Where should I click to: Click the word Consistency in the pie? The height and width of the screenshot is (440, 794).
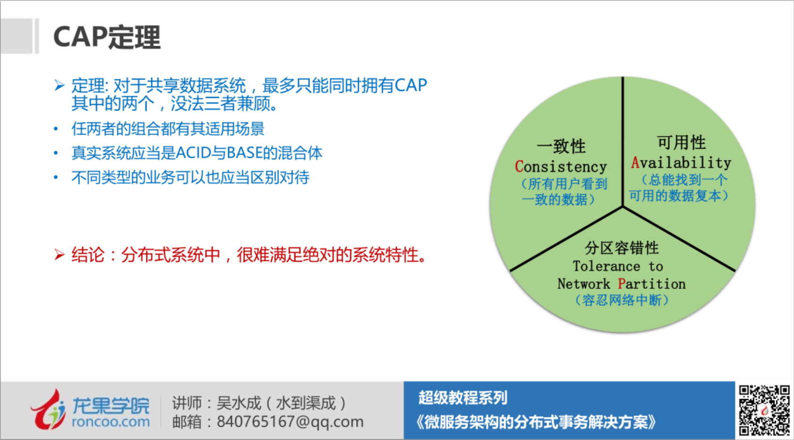(561, 167)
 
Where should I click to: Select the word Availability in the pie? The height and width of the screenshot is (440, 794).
(681, 163)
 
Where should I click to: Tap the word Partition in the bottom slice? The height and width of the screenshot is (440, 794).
(651, 284)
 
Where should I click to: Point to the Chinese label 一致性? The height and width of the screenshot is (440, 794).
(561, 146)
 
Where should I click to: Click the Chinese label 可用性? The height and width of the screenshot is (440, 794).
(681, 142)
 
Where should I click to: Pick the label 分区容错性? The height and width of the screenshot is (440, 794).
(622, 248)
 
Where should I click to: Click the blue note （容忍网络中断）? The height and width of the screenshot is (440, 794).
(622, 300)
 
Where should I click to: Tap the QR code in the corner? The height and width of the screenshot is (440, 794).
(764, 410)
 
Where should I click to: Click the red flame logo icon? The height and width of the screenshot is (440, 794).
(48, 410)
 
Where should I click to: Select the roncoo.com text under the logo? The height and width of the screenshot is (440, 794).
(111, 422)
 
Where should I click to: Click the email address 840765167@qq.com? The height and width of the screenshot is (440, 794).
(290, 422)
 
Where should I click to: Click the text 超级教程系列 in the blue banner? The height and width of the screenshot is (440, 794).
(463, 398)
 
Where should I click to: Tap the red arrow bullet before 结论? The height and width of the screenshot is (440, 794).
(59, 255)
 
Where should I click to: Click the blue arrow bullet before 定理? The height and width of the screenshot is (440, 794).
(59, 86)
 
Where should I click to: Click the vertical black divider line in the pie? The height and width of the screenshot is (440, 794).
(622, 142)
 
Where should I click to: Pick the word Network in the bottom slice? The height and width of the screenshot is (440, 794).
(584, 284)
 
